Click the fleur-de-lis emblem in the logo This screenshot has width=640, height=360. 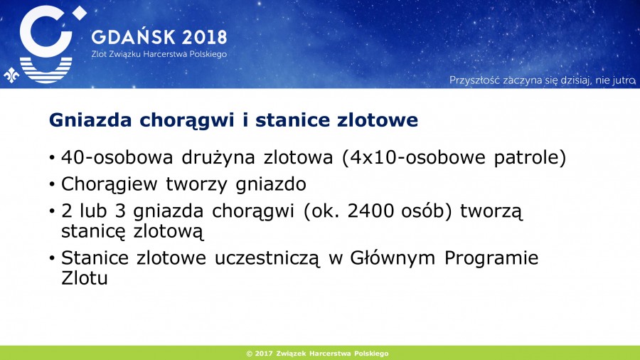coord(11,75)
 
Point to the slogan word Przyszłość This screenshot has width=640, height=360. coord(475,80)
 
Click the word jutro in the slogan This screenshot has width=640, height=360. coord(624,80)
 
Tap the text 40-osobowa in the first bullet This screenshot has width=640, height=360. coord(117,157)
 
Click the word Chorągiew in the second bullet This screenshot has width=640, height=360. coord(110,184)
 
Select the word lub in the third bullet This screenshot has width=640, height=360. coord(93,211)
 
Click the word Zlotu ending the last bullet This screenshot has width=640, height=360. coord(85,278)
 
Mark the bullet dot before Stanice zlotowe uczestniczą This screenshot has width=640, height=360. coord(52,258)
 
